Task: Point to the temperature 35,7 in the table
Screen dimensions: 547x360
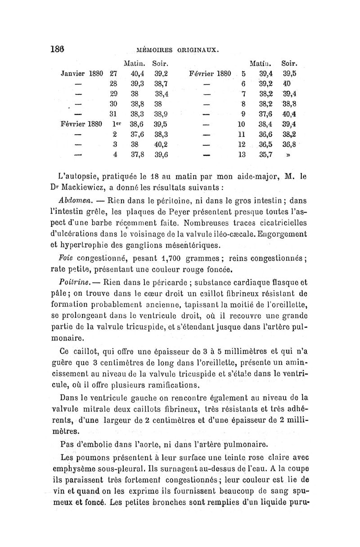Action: (x=267, y=156)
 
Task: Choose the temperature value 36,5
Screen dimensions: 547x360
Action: (x=267, y=145)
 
